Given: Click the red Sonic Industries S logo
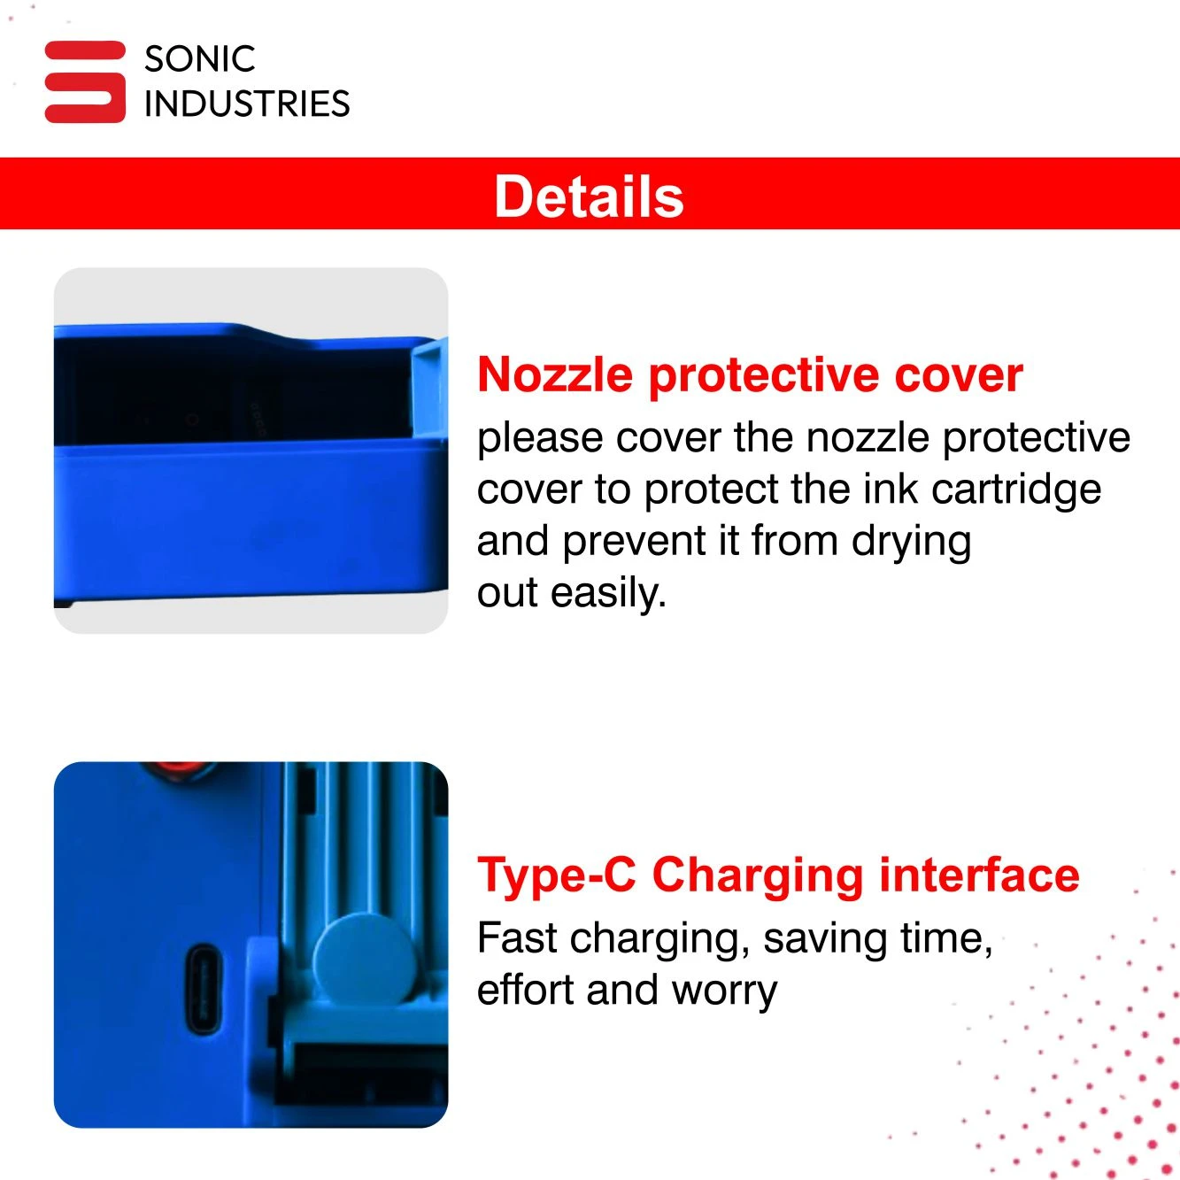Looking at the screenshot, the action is [x=85, y=81].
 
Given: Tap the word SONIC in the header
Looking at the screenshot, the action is [x=200, y=59].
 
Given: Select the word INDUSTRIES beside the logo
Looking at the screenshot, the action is [x=247, y=103].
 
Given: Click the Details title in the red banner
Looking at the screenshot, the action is [x=589, y=196].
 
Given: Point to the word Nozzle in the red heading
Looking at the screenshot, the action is [x=555, y=374].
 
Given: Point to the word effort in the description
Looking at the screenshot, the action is [x=527, y=990].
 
